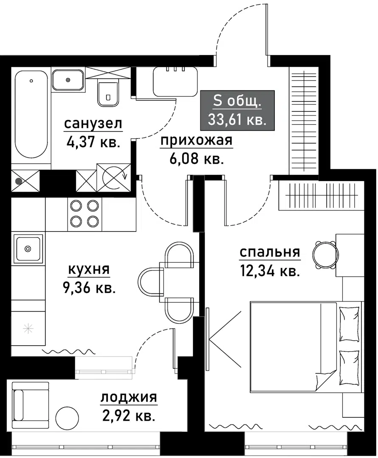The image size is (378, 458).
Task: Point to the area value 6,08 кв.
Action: point(196,159)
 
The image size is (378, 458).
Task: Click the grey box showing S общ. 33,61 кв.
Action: point(237,110)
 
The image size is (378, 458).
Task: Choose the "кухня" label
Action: point(89,269)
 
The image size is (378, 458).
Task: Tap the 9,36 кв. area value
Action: point(89,288)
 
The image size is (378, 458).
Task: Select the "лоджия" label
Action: point(128,398)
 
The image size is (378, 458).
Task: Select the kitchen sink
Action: point(28,248)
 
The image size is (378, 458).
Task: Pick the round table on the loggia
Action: point(68,419)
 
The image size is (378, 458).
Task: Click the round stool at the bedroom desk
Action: point(325,255)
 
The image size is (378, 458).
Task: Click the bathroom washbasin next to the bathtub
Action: point(68,80)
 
